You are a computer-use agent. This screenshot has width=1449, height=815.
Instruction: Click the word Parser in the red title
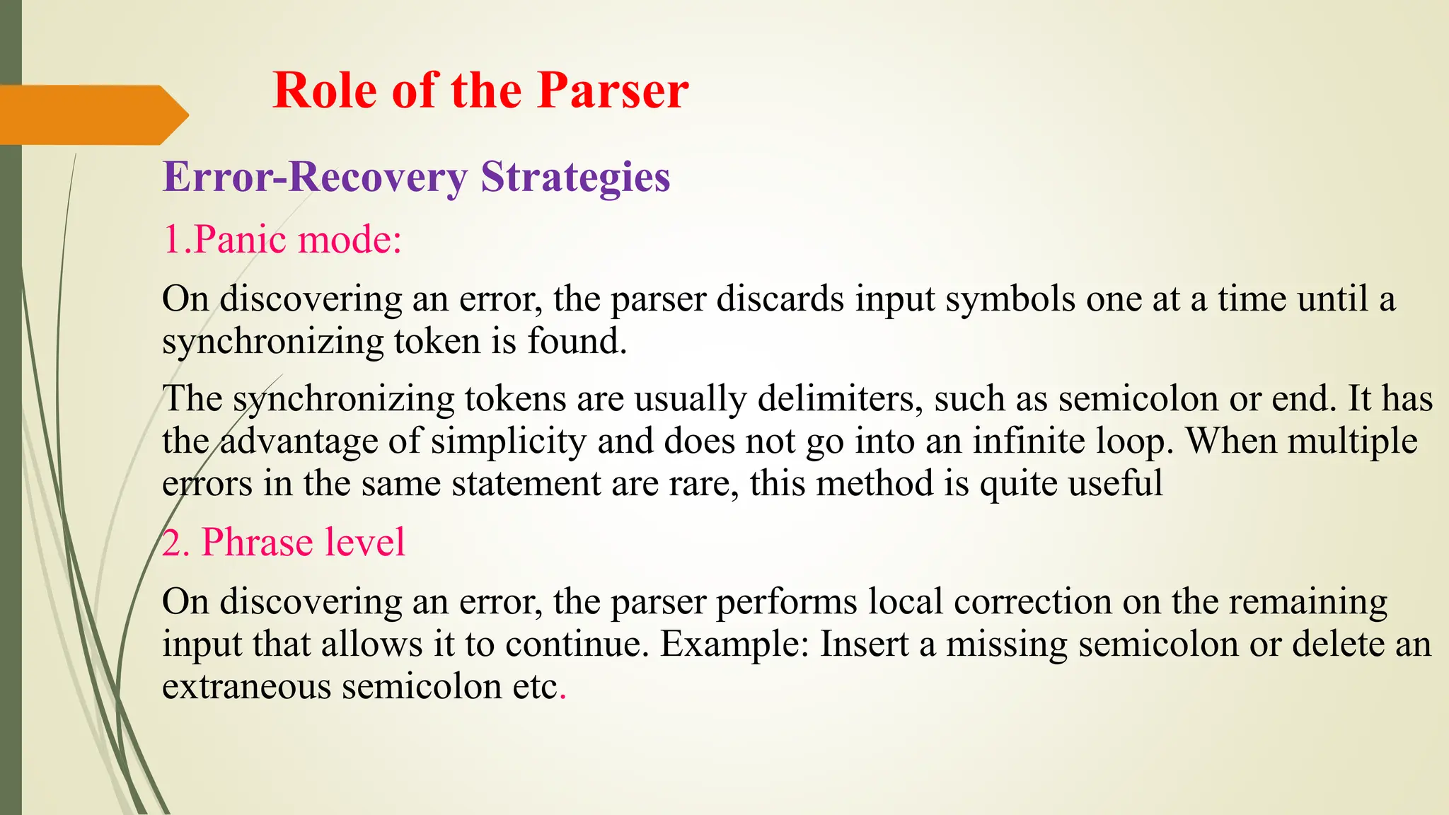coord(612,91)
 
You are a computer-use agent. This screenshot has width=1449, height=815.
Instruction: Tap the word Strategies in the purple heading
coord(575,177)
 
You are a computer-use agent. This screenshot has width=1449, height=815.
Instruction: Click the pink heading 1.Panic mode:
coord(282,239)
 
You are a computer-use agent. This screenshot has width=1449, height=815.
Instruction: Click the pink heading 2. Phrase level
coord(284,543)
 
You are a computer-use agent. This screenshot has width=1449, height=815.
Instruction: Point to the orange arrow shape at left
coord(92,115)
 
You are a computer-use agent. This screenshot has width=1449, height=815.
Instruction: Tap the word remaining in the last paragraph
coord(1308,602)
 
